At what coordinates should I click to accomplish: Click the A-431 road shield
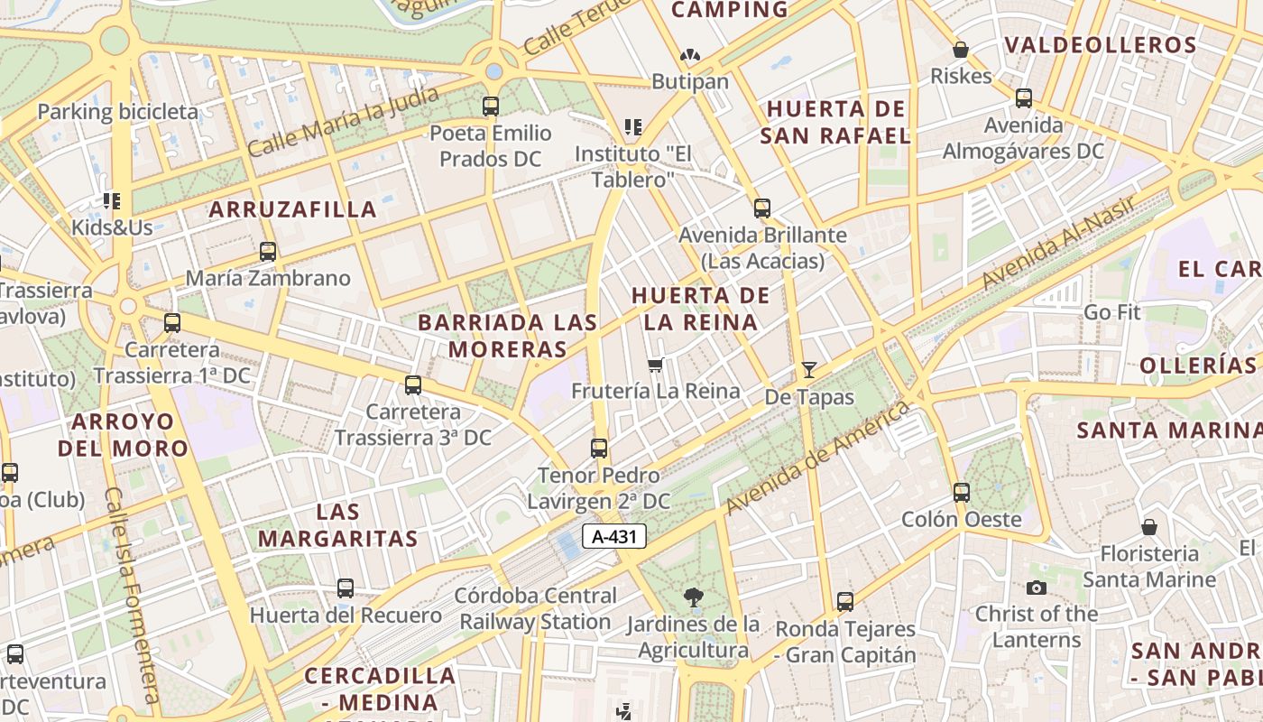(x=614, y=536)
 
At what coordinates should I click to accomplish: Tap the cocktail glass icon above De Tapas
(x=808, y=369)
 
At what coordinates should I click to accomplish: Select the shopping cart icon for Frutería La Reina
(x=656, y=365)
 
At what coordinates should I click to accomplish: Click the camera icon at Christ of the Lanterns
(x=1037, y=588)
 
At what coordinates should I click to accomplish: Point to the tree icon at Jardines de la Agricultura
(x=693, y=597)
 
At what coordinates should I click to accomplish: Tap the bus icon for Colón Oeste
(x=962, y=493)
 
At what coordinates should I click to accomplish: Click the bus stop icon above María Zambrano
(x=268, y=252)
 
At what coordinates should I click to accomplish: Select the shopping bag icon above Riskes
(x=961, y=50)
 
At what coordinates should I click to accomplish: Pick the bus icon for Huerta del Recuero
(x=346, y=588)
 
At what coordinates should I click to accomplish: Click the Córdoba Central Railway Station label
(x=537, y=608)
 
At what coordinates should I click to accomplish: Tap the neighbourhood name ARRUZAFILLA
(x=293, y=209)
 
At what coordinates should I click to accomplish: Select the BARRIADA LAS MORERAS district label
(x=508, y=336)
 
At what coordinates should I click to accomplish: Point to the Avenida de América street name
(x=817, y=458)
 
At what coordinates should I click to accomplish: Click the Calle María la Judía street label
(x=343, y=121)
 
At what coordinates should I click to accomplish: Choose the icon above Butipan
(x=690, y=56)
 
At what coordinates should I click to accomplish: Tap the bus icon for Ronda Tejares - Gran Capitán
(x=845, y=602)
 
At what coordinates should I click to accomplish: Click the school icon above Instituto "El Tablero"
(x=633, y=127)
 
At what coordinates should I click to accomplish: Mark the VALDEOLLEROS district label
(x=1101, y=45)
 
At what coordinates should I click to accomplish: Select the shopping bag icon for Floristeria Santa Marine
(x=1149, y=527)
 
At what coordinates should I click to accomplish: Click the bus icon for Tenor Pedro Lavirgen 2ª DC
(x=599, y=449)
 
